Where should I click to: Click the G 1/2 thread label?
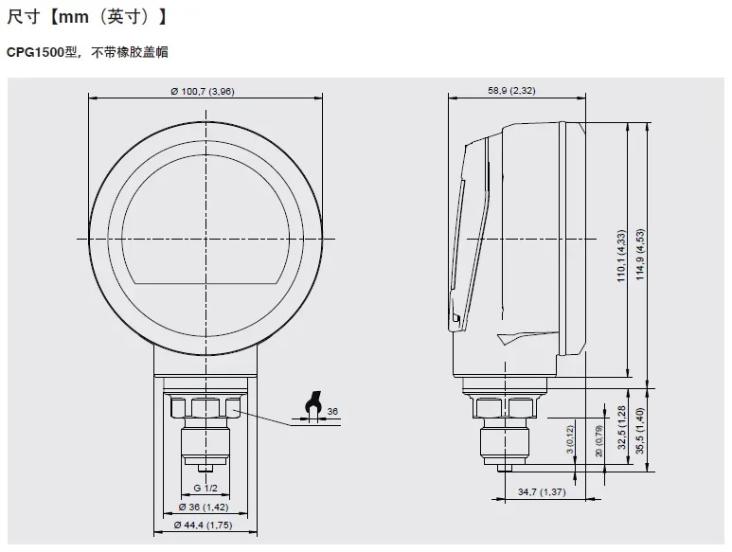click(205, 488)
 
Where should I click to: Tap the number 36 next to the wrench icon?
click(332, 411)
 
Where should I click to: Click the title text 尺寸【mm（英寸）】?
click(87, 17)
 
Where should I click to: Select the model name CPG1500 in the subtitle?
click(35, 52)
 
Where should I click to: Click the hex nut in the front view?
click(205, 407)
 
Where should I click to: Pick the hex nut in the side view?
click(505, 407)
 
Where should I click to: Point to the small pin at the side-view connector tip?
click(505, 468)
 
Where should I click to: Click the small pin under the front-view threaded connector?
click(205, 468)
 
